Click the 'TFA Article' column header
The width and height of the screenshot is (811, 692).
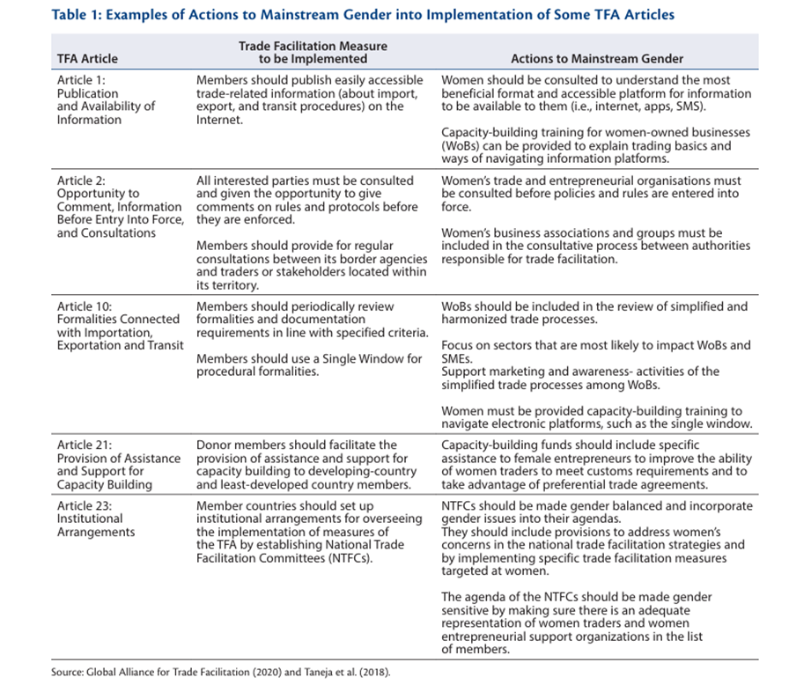tap(87, 59)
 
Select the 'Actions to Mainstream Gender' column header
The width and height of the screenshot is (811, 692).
tap(596, 59)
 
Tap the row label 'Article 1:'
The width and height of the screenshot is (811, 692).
tap(81, 80)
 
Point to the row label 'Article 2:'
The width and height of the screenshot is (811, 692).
tap(81, 180)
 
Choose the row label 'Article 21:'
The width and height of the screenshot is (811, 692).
tap(85, 445)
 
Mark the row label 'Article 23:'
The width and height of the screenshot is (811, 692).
tap(85, 506)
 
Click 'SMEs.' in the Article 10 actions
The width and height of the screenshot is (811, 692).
tap(458, 358)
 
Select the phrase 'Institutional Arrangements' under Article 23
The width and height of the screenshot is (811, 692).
tap(98, 526)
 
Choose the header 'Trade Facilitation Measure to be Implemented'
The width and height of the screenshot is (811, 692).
tap(312, 52)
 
